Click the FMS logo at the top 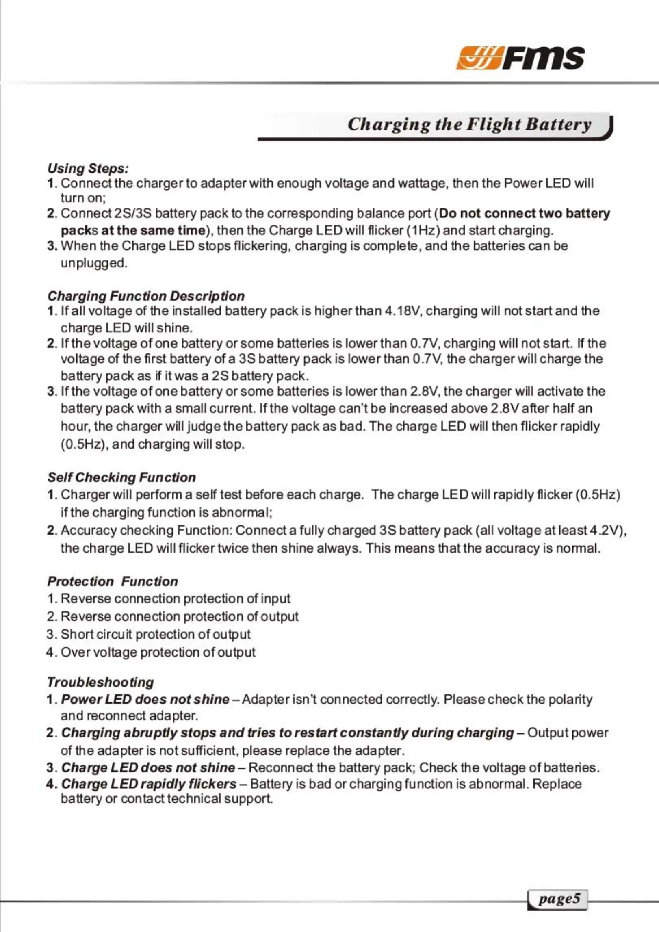(x=520, y=58)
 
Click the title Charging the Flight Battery (x=469, y=124)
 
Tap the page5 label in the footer (x=559, y=899)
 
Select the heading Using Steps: (x=88, y=168)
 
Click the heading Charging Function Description (x=146, y=296)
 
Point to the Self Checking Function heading (x=121, y=477)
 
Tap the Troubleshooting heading (x=100, y=682)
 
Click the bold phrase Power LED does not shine (x=145, y=699)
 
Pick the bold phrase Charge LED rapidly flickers (x=149, y=784)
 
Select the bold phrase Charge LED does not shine (x=148, y=767)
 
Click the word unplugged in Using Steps (x=94, y=263)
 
